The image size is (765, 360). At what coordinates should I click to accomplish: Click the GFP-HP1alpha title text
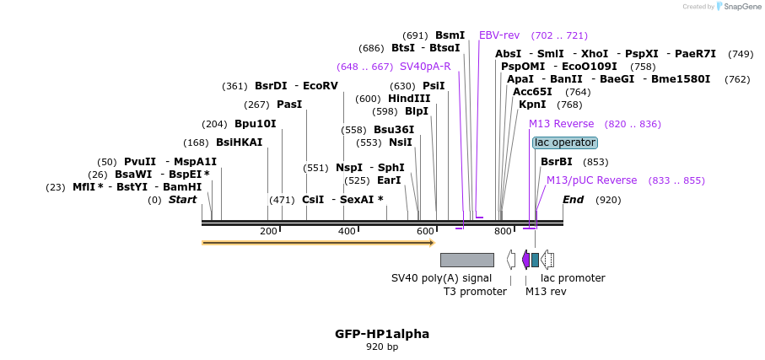coord(381,334)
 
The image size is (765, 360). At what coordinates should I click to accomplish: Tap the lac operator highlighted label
coord(564,143)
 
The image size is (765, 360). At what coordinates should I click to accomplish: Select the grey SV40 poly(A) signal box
coord(466,260)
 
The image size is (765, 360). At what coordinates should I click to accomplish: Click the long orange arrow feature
coord(318,243)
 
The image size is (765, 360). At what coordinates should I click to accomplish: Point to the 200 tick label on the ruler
coord(268,232)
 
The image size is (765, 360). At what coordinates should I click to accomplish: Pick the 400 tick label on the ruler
coord(347,232)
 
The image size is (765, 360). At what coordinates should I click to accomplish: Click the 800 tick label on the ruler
coord(503,232)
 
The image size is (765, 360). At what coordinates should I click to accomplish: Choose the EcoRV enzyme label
coord(321,86)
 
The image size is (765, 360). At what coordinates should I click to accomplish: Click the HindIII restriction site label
coord(409,99)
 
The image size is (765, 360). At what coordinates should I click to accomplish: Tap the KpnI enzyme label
coord(532,105)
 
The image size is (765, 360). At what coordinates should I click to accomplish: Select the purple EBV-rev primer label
coord(499,35)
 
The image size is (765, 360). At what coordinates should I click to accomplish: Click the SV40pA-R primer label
coord(425,67)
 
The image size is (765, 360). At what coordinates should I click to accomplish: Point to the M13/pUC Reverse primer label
coord(591,180)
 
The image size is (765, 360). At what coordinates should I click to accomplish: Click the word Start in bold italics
coord(182,200)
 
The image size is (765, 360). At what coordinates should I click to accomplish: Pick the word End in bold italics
coord(574,200)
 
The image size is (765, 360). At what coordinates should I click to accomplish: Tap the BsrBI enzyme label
coord(556,162)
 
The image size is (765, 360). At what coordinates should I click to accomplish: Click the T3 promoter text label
coord(475,292)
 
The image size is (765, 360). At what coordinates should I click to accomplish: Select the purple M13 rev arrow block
coord(525,260)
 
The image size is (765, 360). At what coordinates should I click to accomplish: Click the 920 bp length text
coord(381,347)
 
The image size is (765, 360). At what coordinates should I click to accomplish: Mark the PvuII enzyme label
coord(140,162)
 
